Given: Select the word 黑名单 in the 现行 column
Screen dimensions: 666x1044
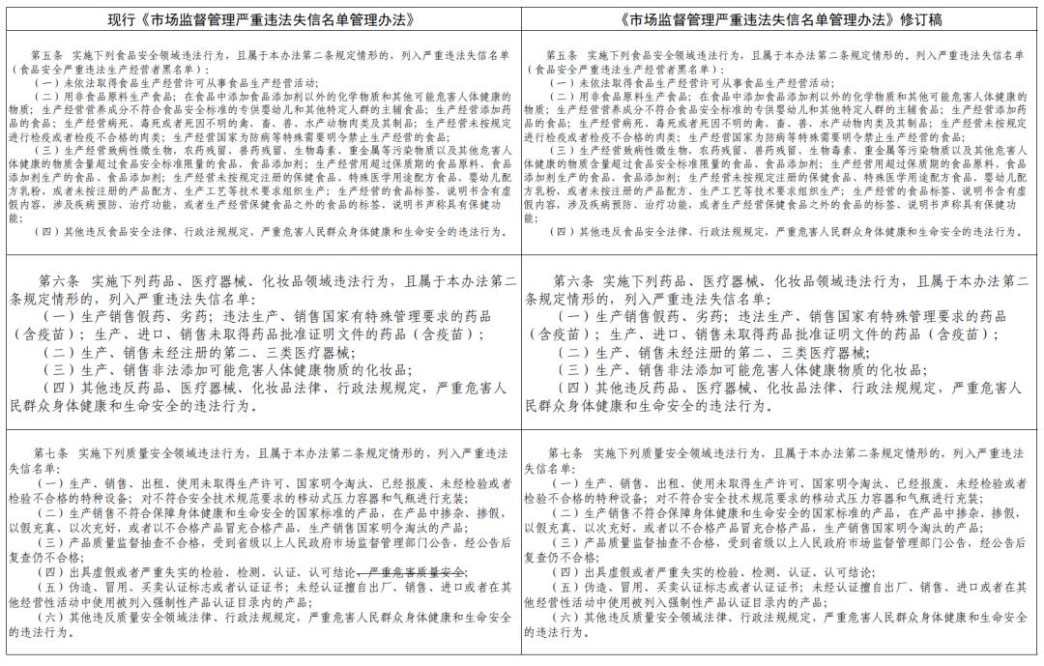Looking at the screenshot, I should click(x=182, y=71).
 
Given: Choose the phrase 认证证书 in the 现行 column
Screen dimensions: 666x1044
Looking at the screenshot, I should click(x=207, y=587).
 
